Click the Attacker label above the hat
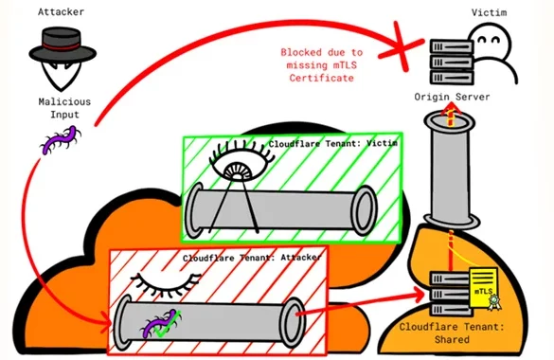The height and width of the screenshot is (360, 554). click(62, 12)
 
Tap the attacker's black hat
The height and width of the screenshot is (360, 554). click(63, 45)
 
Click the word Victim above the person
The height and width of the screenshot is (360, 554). click(489, 12)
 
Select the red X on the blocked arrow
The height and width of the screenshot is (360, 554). click(402, 45)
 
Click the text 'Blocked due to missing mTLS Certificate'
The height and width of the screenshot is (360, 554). click(322, 65)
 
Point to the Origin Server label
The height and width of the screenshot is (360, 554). click(452, 97)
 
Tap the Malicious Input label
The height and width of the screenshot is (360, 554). click(64, 108)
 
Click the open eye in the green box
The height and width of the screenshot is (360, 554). click(241, 163)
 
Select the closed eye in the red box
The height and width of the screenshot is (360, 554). click(166, 283)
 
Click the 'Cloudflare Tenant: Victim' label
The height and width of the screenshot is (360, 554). click(332, 143)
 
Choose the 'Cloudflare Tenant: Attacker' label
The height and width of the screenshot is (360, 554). click(252, 257)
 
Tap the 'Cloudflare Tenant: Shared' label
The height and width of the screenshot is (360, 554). click(452, 333)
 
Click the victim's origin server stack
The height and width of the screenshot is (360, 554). click(451, 62)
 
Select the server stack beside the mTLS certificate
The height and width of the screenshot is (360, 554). click(451, 294)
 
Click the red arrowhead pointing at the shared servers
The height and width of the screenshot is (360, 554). click(420, 294)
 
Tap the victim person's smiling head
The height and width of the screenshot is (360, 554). click(491, 41)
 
